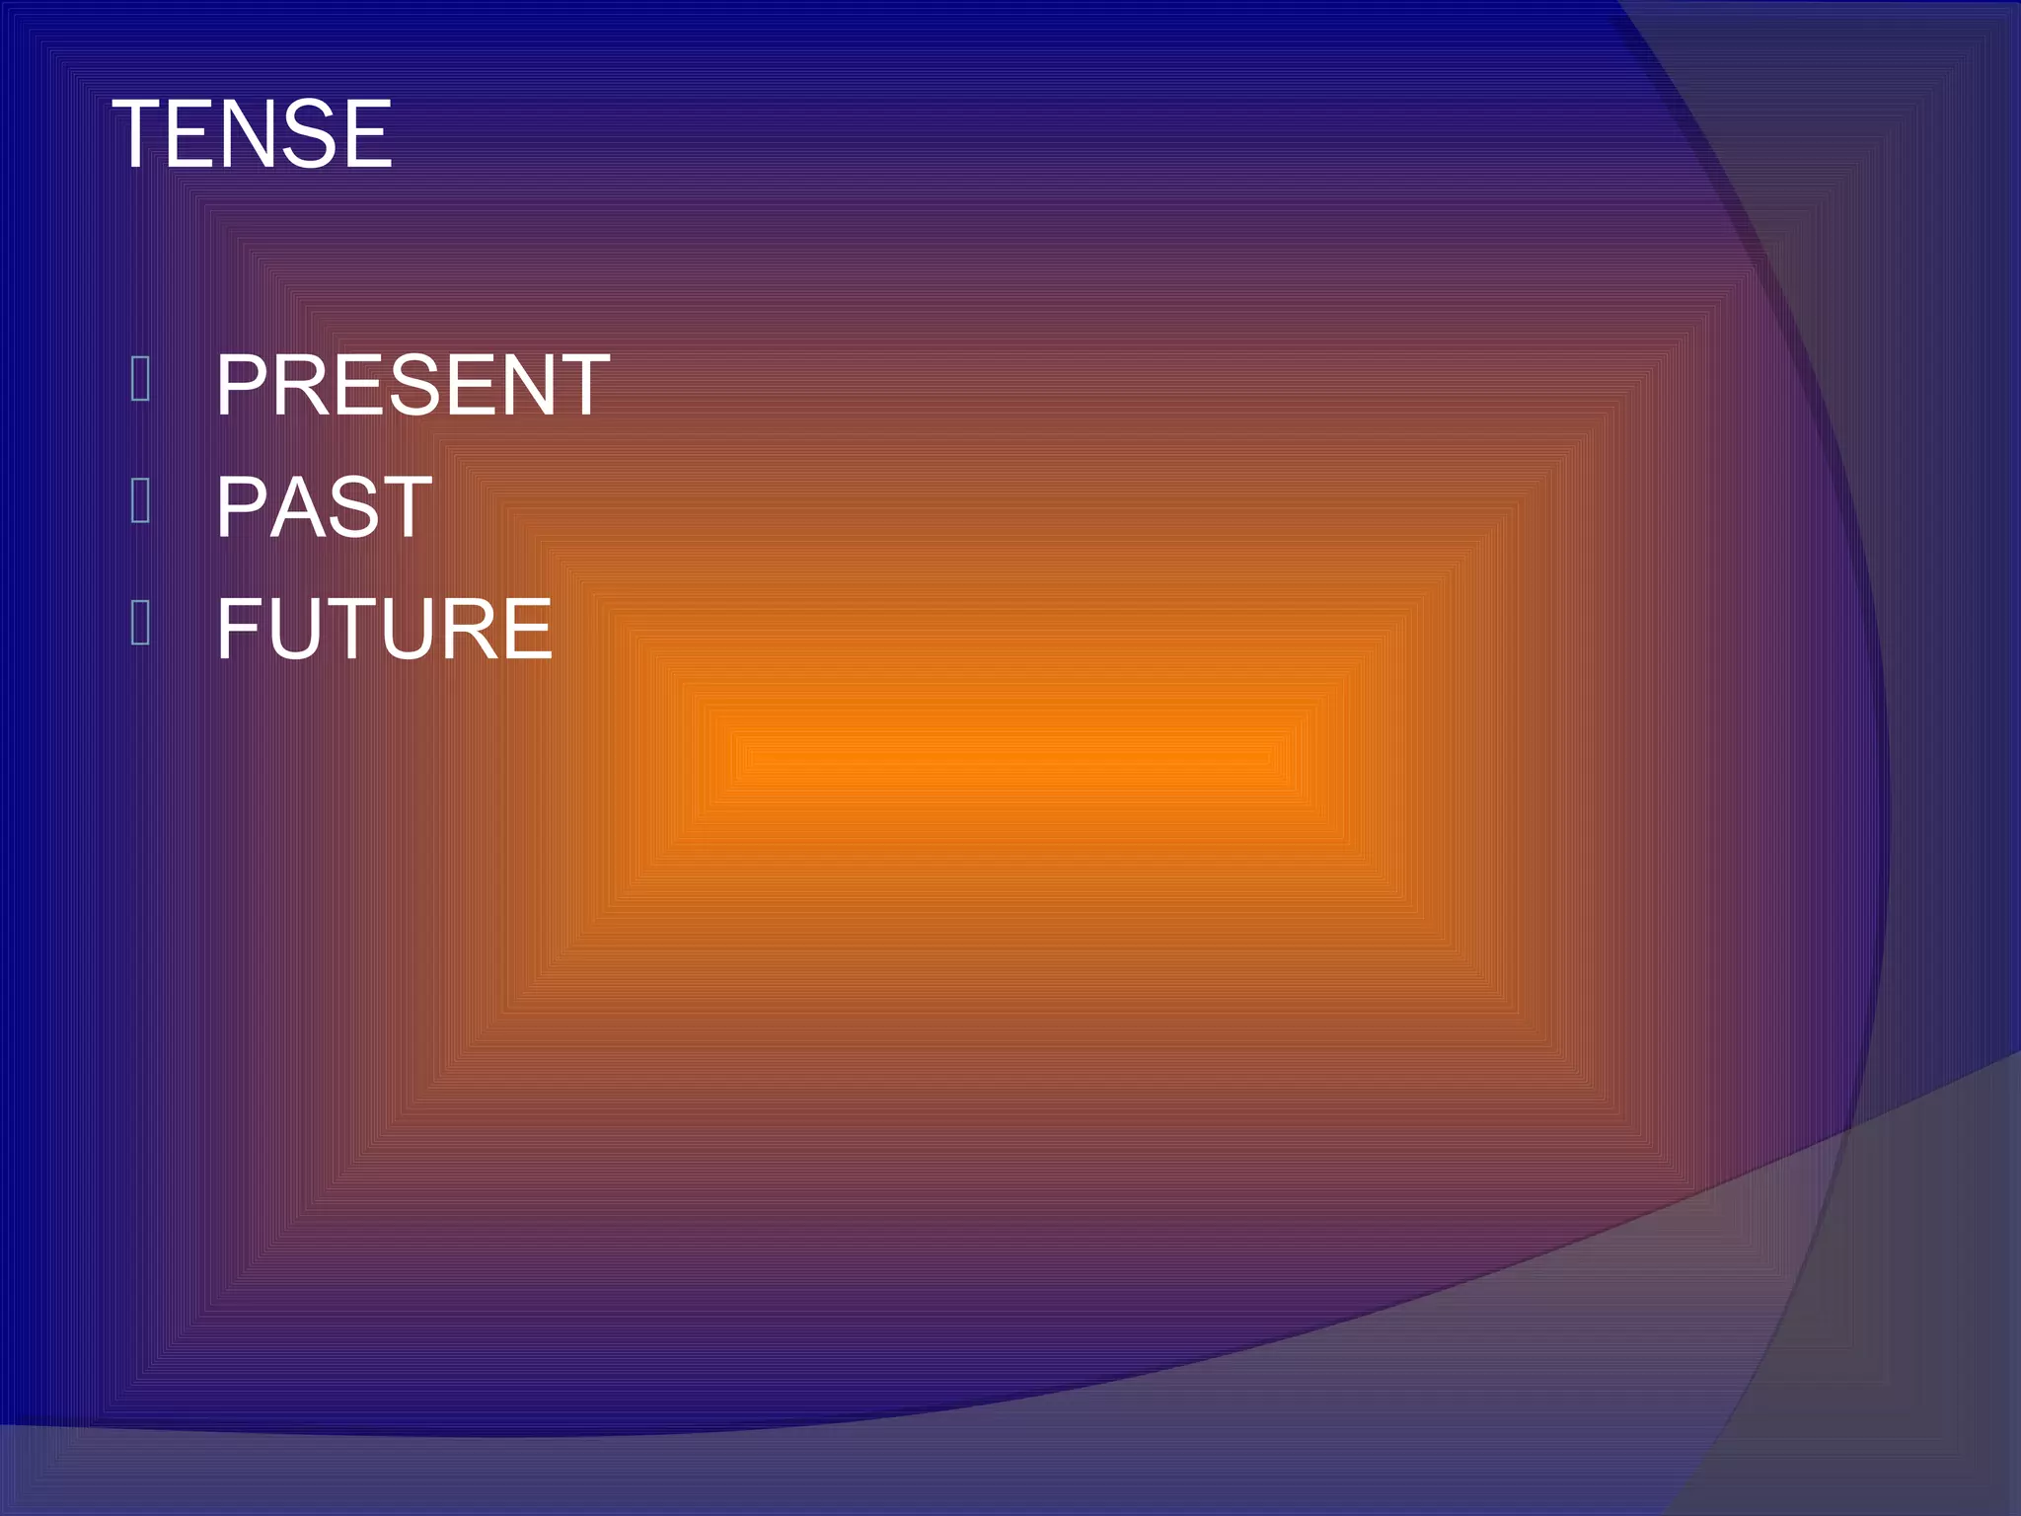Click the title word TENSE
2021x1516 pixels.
coord(253,134)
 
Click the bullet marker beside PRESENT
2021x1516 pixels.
coord(140,379)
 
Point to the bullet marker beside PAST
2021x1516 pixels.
coord(140,500)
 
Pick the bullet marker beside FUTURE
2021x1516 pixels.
coord(140,623)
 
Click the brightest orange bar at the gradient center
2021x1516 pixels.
coord(1009,758)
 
